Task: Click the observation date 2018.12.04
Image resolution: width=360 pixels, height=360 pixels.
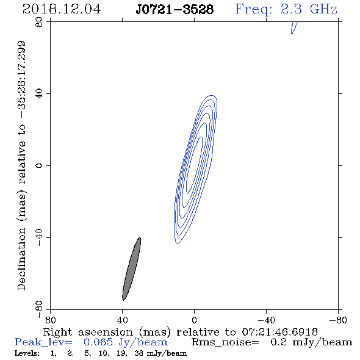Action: (x=62, y=9)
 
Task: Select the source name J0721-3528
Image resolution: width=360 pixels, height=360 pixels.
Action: (x=175, y=9)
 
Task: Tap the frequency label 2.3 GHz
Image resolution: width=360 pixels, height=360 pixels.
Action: (x=309, y=9)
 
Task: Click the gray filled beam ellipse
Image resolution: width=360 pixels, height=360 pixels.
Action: (x=132, y=269)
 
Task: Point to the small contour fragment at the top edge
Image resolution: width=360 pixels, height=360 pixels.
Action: (x=293, y=27)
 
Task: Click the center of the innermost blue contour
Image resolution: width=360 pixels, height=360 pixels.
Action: (x=194, y=165)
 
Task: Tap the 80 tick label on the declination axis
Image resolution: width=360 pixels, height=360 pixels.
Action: (x=39, y=22)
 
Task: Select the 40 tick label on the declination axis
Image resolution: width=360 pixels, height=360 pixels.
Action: (x=39, y=94)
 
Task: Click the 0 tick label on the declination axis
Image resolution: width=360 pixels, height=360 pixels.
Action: (x=39, y=165)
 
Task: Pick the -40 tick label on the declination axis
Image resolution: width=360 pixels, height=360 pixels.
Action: (x=39, y=237)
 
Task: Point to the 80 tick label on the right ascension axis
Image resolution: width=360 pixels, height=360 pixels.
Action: (x=50, y=320)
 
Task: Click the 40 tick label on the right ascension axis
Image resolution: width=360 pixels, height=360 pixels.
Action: (x=122, y=320)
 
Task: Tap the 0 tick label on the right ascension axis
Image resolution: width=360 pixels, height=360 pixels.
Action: (x=194, y=320)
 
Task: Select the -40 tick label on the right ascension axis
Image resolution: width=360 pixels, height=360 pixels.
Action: (x=266, y=320)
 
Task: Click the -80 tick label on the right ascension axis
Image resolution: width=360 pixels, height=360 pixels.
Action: (x=338, y=320)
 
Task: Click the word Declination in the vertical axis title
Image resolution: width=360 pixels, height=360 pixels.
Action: (x=21, y=259)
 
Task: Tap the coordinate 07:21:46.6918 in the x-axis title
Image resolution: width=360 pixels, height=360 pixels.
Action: (x=279, y=332)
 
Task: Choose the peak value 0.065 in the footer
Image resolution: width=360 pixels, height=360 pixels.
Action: (x=98, y=342)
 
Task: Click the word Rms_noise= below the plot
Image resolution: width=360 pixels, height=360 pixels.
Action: (x=225, y=342)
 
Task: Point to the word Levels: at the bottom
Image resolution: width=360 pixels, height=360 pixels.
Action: (x=27, y=353)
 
